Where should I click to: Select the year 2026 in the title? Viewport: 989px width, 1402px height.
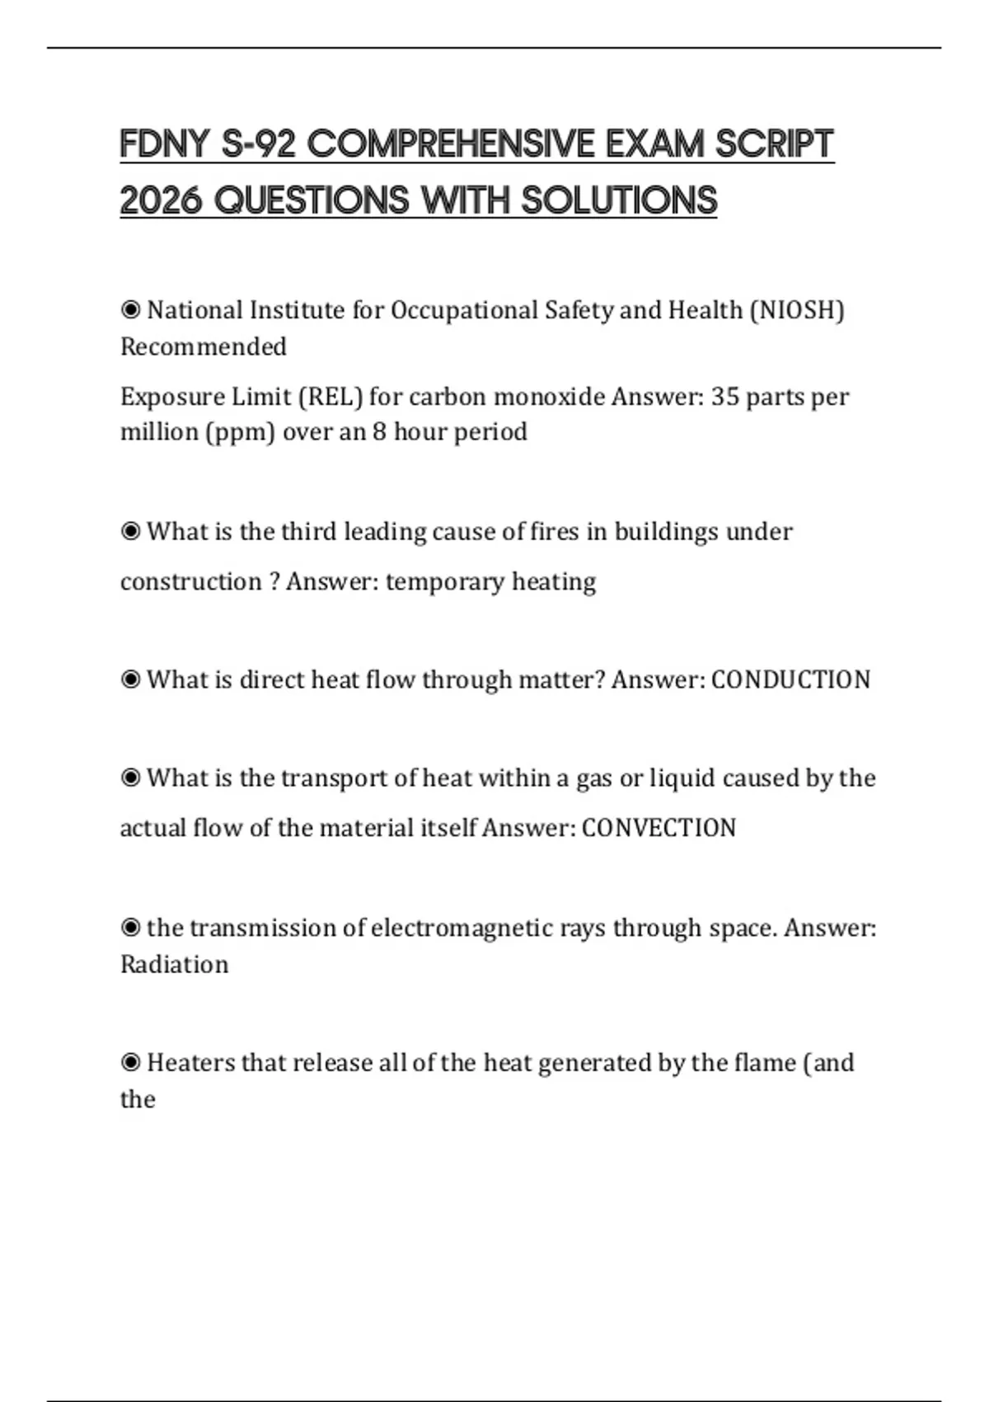(x=162, y=200)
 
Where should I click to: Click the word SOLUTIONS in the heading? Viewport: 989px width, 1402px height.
(x=619, y=200)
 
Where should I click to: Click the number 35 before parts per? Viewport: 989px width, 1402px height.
(x=725, y=397)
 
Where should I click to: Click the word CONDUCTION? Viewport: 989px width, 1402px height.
(x=790, y=680)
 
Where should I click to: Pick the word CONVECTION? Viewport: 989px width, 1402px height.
(x=659, y=828)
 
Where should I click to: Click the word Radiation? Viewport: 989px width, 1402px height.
(x=174, y=964)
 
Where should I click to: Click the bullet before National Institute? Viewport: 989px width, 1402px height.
(x=130, y=310)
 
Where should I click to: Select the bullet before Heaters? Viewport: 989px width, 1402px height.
(x=130, y=1062)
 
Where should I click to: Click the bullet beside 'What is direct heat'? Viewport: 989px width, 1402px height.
(x=130, y=680)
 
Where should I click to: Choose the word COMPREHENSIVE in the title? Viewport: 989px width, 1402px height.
(x=451, y=144)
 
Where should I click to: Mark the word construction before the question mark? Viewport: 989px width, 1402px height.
(x=191, y=582)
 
